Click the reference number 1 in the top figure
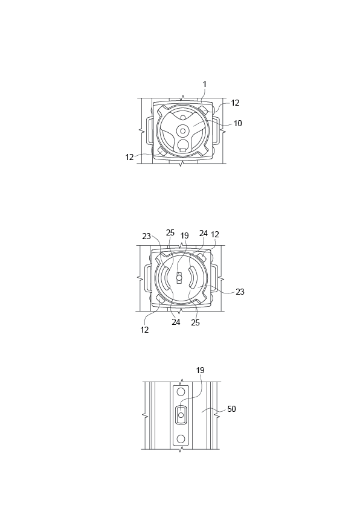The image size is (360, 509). tap(205, 85)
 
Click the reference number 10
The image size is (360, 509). tap(237, 123)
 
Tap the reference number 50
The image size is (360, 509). tap(231, 409)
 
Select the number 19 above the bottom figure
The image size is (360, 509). tap(200, 370)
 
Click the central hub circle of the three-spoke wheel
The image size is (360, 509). tap(182, 131)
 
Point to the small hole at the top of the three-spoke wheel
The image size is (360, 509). tap(183, 117)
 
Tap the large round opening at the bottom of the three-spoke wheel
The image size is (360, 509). tap(183, 144)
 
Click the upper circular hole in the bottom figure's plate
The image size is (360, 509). tap(181, 392)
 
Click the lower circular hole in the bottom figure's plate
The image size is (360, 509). tap(181, 438)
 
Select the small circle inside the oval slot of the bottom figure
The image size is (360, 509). tap(181, 415)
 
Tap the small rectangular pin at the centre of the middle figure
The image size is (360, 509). tap(179, 278)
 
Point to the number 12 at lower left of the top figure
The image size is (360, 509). tap(129, 157)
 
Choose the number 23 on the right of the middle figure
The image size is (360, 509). tap(240, 292)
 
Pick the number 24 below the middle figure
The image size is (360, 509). tap(176, 322)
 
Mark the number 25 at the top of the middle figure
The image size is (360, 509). tap(170, 233)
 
